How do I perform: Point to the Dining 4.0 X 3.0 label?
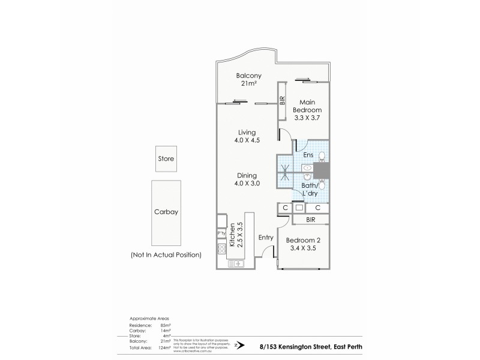pos(247,179)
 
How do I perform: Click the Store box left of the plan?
pos(166,159)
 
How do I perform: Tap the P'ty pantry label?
pos(221,233)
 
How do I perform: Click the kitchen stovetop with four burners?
pos(221,249)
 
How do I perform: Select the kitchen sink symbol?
pos(236,263)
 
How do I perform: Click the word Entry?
pos(265,238)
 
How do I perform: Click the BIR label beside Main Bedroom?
pos(282,100)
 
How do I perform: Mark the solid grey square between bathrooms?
pos(322,171)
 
